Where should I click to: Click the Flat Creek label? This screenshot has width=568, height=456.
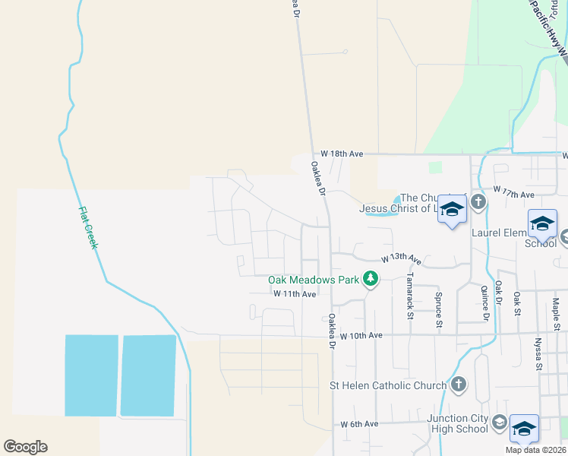click(x=88, y=229)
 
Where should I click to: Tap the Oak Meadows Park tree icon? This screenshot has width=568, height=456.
click(x=371, y=280)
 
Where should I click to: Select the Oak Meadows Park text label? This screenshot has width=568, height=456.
click(x=313, y=280)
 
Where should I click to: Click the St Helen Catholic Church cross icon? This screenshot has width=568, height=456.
click(x=458, y=385)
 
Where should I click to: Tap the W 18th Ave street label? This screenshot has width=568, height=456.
click(x=342, y=154)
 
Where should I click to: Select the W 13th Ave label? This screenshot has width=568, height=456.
click(x=400, y=258)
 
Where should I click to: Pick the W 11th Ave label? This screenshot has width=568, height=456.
click(x=295, y=293)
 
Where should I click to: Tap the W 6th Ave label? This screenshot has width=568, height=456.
click(x=359, y=423)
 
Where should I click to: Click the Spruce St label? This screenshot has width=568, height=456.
click(x=439, y=310)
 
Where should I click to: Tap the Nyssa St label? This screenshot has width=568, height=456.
click(x=538, y=354)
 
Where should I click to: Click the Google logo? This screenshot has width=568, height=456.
click(x=25, y=446)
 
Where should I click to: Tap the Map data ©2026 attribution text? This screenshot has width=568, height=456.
click(x=535, y=450)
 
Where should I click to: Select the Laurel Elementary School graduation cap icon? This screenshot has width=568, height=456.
click(x=542, y=223)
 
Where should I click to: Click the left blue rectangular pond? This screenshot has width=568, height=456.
click(x=91, y=375)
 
